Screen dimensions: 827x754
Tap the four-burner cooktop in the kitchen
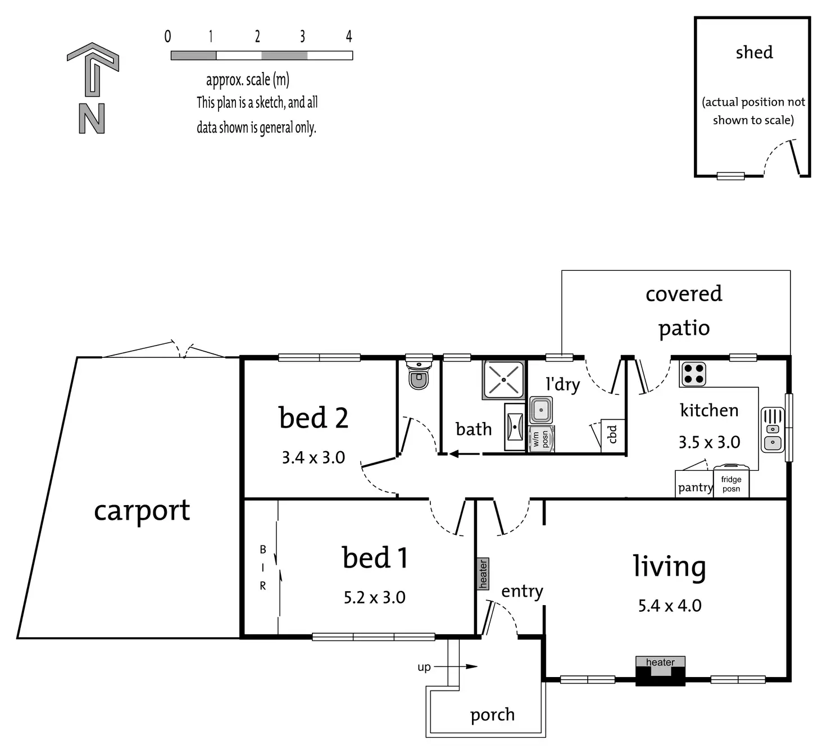[693, 374]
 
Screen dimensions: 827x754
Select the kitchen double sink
[773, 430]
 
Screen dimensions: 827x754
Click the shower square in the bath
[503, 380]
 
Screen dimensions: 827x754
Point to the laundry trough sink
[541, 410]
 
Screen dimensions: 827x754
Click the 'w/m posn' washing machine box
[541, 439]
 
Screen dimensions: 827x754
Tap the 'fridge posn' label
[731, 484]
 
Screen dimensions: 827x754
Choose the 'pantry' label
[695, 487]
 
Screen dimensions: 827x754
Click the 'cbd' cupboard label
[613, 434]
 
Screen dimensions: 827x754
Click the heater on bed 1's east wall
[483, 574]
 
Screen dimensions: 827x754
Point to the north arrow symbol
[93, 87]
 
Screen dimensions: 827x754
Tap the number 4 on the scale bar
[349, 37]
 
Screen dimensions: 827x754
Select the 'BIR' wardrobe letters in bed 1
[262, 567]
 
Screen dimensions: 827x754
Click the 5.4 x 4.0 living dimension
[670, 606]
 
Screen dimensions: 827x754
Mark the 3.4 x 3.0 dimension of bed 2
[313, 457]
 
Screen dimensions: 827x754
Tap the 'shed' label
[754, 52]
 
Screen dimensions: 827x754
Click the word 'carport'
[142, 511]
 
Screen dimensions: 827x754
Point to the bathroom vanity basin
[515, 427]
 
